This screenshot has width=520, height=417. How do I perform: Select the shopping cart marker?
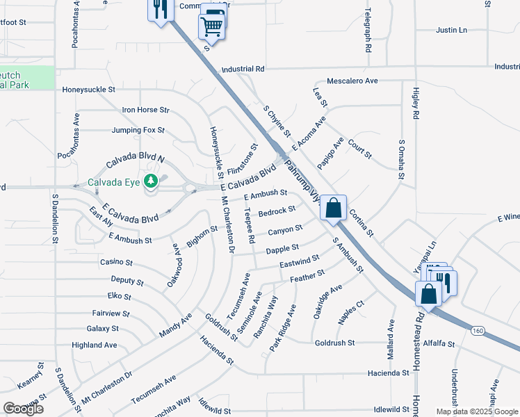point(213,26)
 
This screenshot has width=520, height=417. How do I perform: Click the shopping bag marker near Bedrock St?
point(334,207)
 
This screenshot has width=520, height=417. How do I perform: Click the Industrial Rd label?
point(243,69)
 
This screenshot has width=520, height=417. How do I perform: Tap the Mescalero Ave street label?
point(352,81)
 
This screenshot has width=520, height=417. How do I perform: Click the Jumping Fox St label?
point(138,130)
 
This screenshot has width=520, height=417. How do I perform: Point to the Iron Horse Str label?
point(145,110)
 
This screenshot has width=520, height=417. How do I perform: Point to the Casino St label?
point(116,262)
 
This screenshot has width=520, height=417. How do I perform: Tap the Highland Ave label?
point(94,345)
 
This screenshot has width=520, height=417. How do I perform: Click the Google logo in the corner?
point(23,408)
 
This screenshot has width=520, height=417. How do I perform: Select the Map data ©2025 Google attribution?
point(477,411)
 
